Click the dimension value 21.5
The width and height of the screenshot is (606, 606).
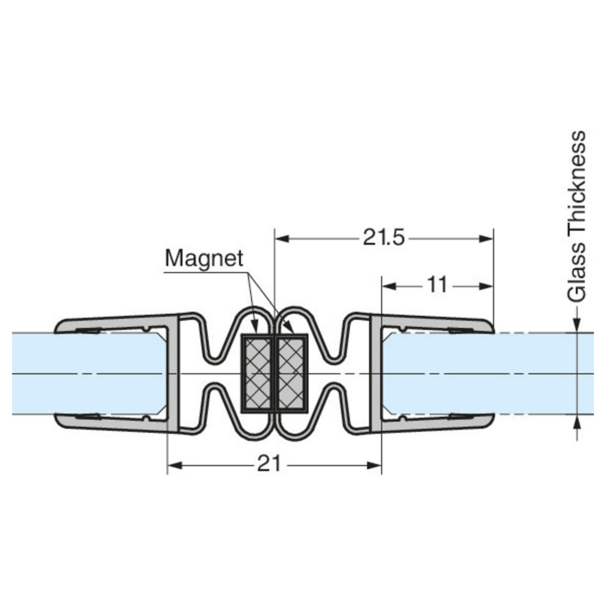(383, 238)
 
